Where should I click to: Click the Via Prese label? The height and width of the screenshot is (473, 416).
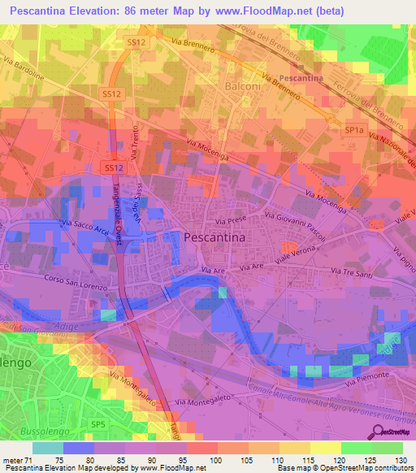[231, 220]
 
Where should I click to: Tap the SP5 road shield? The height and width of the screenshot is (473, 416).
[98, 424]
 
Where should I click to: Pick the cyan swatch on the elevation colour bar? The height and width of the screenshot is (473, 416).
[48, 448]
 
